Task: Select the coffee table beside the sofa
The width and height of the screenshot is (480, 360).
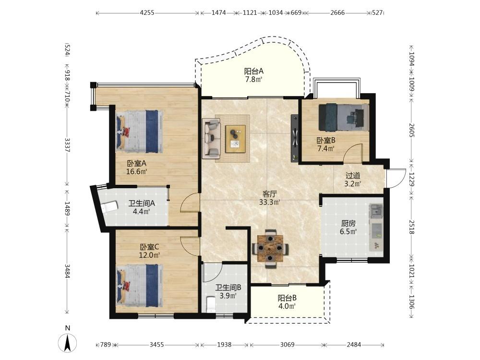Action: (x=235, y=139)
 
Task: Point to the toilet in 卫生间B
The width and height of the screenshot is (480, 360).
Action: (x=211, y=304)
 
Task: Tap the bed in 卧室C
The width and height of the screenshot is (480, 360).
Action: (x=139, y=285)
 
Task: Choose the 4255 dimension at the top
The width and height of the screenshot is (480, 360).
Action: (x=147, y=13)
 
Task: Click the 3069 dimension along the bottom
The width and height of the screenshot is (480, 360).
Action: (x=287, y=345)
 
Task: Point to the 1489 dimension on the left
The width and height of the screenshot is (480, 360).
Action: (x=67, y=208)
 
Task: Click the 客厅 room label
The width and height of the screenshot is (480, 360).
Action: (x=270, y=194)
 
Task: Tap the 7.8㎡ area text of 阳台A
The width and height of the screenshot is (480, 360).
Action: (x=253, y=80)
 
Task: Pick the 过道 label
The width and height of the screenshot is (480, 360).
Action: (x=353, y=175)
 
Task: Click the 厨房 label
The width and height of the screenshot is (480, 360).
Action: (x=348, y=224)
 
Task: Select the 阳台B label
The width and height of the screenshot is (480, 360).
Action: (x=287, y=298)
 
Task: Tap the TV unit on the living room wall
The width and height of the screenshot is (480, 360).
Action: (x=295, y=138)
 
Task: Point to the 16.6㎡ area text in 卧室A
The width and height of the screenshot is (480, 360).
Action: (x=136, y=171)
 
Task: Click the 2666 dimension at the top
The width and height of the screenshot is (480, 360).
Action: (x=337, y=13)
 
